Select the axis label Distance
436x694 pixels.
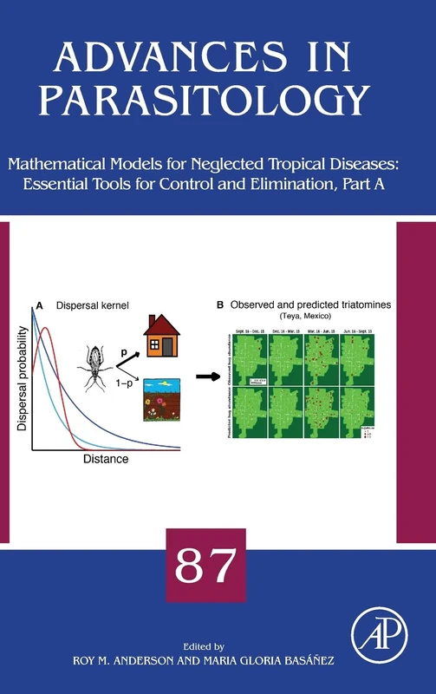click(x=107, y=458)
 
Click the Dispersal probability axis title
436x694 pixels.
click(x=20, y=382)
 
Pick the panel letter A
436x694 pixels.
click(x=37, y=305)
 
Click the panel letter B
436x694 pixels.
click(x=220, y=304)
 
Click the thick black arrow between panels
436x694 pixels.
click(x=205, y=377)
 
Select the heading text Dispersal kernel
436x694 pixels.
click(x=91, y=305)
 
